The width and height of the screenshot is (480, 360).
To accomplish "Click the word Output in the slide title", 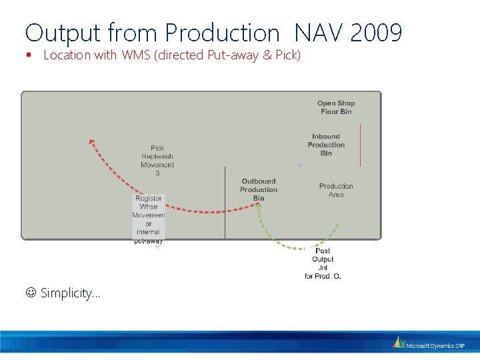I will pyautogui.click(x=63, y=32).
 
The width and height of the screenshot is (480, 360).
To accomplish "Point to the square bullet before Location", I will pyautogui.click(x=31, y=56).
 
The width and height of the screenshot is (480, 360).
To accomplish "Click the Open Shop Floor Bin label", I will pyautogui.click(x=336, y=107).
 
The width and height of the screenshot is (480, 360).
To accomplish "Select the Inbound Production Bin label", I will pyautogui.click(x=326, y=145).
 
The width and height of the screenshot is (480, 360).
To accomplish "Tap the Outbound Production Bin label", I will pyautogui.click(x=259, y=189).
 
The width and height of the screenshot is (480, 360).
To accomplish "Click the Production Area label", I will pyautogui.click(x=336, y=190).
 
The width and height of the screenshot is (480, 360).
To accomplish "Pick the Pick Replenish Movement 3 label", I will pyautogui.click(x=157, y=161).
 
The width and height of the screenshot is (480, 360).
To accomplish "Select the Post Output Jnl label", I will pyautogui.click(x=323, y=263).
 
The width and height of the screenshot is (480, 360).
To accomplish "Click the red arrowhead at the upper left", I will pyautogui.click(x=92, y=141).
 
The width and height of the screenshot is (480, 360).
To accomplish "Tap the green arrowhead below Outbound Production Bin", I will pyautogui.click(x=259, y=205).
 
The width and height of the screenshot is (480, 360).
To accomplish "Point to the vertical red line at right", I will pyautogui.click(x=360, y=145).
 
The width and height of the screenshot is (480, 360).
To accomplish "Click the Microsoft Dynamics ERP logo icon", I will pyautogui.click(x=399, y=342).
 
